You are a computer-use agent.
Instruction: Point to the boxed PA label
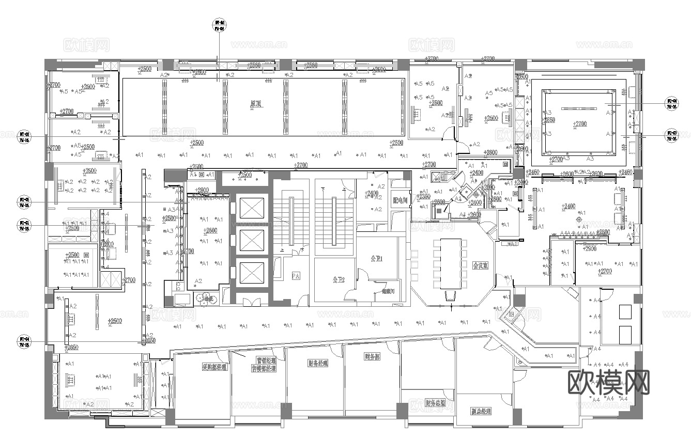click(296, 276)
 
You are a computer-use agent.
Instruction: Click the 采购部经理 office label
click(215, 368)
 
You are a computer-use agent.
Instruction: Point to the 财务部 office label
click(372, 356)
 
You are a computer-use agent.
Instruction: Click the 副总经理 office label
click(481, 412)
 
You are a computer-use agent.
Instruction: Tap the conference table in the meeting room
click(450, 263)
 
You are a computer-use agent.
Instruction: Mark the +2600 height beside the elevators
click(210, 230)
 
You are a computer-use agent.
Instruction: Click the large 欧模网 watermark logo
click(609, 382)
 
